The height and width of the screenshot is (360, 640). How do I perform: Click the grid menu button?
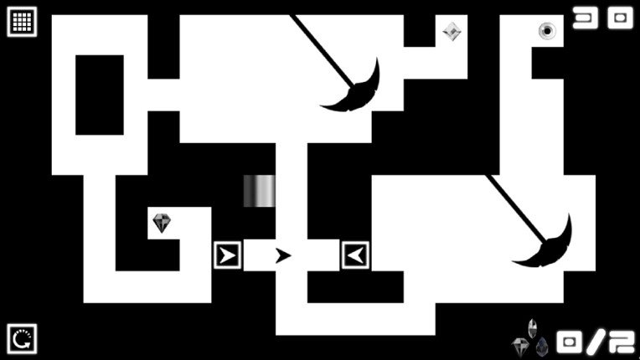click(x=22, y=22)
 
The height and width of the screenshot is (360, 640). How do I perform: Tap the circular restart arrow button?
click(x=22, y=339)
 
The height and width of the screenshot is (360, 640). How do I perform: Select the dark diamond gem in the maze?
click(x=162, y=223)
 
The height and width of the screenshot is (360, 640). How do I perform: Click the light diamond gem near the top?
click(x=452, y=31)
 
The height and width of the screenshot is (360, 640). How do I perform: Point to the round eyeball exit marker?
click(x=547, y=31)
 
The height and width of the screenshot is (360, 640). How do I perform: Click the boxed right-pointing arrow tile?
click(x=228, y=255)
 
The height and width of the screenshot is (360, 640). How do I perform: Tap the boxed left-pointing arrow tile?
click(x=355, y=255)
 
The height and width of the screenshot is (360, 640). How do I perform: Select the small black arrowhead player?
click(x=283, y=255)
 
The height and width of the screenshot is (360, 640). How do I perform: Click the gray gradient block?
click(x=259, y=191)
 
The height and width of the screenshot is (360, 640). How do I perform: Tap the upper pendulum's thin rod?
click(x=322, y=50)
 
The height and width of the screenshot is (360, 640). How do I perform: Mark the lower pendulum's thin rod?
click(x=515, y=208)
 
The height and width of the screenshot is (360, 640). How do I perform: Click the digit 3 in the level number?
click(x=586, y=18)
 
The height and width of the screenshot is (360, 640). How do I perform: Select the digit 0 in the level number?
click(x=621, y=18)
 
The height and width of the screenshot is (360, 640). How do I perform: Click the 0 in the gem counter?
click(x=570, y=342)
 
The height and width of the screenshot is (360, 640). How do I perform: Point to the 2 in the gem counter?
click(x=622, y=342)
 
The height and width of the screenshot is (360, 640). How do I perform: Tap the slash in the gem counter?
click(x=596, y=342)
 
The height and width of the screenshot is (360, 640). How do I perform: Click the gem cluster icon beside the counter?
click(x=530, y=338)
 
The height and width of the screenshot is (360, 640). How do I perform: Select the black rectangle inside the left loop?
click(x=100, y=95)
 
